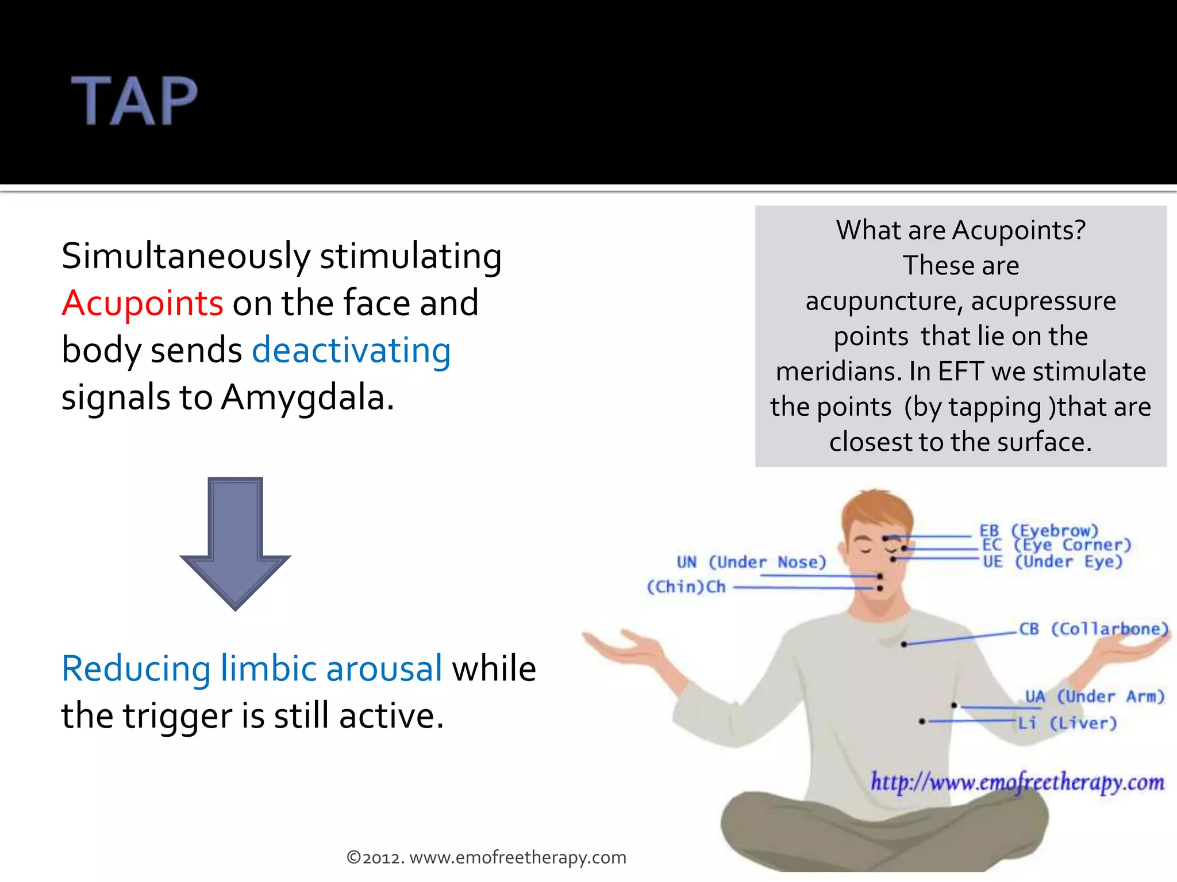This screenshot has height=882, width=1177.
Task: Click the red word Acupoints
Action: point(142,303)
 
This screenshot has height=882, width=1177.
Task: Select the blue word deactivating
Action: point(351,350)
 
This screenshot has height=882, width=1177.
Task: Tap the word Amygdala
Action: point(303,397)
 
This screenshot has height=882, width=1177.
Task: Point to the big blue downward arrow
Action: point(235,543)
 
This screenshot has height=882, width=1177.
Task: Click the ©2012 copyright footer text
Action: point(486,857)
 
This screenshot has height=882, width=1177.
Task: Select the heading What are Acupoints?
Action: point(960,230)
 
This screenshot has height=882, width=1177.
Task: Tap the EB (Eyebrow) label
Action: point(1038,530)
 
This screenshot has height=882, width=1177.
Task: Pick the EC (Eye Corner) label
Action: point(1056,545)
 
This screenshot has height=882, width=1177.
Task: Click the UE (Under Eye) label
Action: point(1052,561)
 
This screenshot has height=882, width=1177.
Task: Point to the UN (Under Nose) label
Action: point(751,562)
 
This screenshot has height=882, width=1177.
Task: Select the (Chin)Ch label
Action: point(686,587)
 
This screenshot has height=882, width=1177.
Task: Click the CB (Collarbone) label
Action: point(1093,629)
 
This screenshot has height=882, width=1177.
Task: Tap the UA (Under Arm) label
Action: point(1094,697)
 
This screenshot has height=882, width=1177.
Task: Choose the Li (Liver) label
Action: point(1067,723)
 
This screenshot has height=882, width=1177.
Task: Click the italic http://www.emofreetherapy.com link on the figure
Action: point(1017,782)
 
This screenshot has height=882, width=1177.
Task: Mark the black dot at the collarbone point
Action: point(904,644)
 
